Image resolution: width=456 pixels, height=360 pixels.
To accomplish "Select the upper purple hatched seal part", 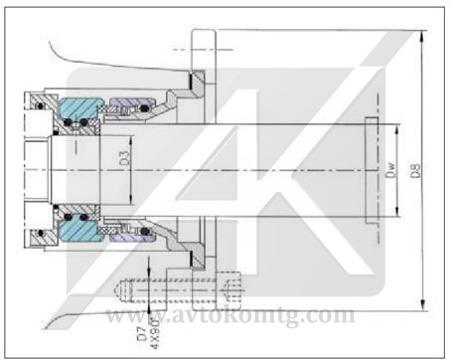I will (126, 104).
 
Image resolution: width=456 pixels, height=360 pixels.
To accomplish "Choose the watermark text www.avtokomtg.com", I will (229, 316).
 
